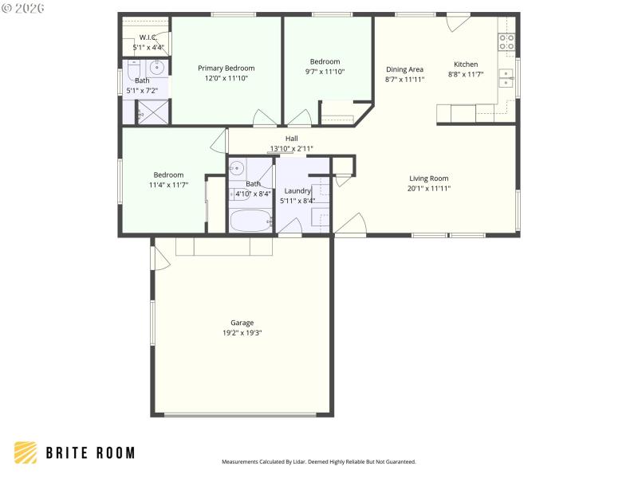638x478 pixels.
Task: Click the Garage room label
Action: [242, 323]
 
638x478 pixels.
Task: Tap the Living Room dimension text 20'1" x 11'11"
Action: [429, 189]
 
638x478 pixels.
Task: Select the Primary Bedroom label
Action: [226, 69]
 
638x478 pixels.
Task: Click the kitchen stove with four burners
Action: [507, 41]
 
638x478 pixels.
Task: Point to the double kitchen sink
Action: [506, 77]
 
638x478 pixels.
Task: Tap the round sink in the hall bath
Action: [236, 169]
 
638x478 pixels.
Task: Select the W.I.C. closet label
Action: [148, 37]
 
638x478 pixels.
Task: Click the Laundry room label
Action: [297, 191]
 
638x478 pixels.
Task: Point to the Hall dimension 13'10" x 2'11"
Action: [291, 149]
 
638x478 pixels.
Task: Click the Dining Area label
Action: [404, 69]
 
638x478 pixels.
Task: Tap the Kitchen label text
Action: [466, 65]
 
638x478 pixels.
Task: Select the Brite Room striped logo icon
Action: [26, 453]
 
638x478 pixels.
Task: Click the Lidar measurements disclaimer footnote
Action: [318, 461]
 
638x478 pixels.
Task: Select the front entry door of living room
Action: [351, 225]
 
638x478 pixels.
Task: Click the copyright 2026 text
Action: [24, 8]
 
